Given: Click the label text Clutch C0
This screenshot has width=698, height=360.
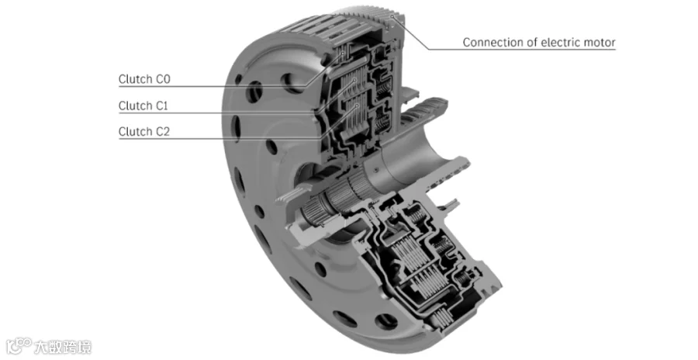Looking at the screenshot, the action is (x=144, y=79).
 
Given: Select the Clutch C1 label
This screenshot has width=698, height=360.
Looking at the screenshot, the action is (x=143, y=106).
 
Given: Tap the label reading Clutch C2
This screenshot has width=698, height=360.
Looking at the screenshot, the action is (x=144, y=132).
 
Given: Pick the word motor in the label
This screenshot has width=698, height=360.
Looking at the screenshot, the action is (x=600, y=43).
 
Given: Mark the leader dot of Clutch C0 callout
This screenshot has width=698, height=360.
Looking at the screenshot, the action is (x=343, y=54).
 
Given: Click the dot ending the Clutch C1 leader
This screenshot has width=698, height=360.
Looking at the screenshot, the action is (x=354, y=80).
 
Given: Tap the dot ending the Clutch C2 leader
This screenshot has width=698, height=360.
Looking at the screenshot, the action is (x=358, y=106).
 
